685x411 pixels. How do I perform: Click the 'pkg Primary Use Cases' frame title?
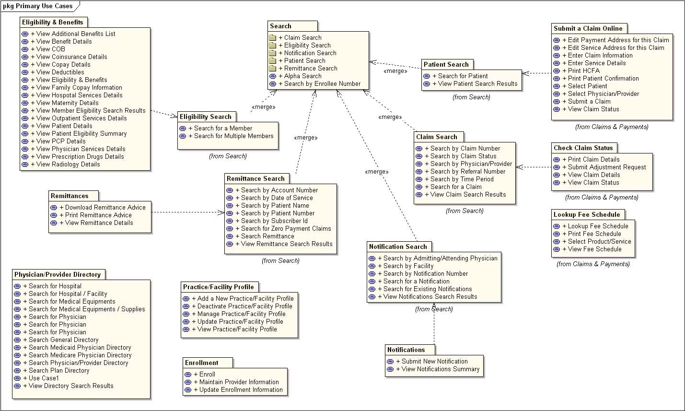37,6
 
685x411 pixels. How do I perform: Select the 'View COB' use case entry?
50,49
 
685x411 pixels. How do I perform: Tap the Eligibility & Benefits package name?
53,23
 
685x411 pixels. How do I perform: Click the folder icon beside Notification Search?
272,53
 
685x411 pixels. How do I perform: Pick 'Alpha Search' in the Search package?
303,76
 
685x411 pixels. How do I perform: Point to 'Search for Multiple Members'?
233,136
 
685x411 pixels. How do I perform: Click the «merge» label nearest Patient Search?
395,71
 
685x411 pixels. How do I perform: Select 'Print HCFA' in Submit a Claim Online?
583,70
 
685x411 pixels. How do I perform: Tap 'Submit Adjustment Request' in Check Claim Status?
607,167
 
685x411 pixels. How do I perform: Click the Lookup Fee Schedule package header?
587,215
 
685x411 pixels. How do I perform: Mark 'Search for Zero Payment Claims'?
286,229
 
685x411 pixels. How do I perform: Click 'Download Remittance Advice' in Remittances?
105,208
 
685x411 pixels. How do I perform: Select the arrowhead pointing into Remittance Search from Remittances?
221,212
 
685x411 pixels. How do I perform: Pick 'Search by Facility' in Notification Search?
408,266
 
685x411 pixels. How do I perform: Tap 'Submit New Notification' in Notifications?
435,362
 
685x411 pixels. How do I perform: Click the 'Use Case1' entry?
44,378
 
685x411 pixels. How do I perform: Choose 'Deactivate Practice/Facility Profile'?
244,306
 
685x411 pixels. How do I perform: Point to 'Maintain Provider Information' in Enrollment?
239,382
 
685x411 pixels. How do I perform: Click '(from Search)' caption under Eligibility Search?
228,156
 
